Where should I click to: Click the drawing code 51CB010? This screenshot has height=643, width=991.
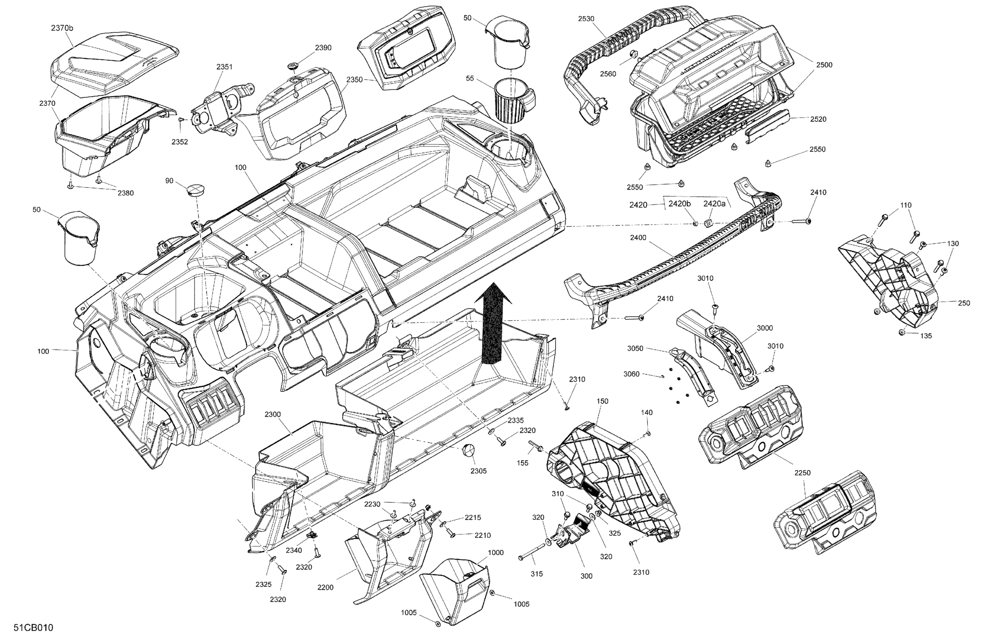(33, 627)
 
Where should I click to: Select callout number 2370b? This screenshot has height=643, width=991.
(62, 28)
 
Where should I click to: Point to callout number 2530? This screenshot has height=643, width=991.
(586, 19)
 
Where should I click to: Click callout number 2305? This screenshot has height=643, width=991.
(478, 471)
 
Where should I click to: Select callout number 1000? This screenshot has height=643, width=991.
(495, 553)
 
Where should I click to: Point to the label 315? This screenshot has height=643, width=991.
(537, 574)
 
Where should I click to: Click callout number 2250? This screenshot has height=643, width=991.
(802, 472)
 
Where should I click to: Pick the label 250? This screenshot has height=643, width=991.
(964, 303)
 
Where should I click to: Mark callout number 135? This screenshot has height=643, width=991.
(926, 336)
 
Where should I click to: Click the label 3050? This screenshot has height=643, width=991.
(635, 348)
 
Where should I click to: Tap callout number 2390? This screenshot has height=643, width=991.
(323, 48)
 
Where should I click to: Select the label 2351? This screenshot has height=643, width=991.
(225, 67)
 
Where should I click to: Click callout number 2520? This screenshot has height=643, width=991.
(818, 119)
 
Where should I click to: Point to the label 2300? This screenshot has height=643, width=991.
(273, 415)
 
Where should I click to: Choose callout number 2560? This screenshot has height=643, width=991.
(608, 74)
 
